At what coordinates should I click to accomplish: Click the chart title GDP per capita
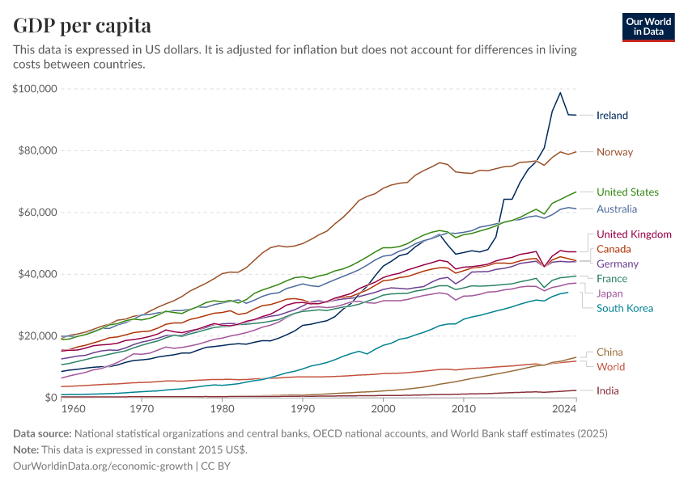82,25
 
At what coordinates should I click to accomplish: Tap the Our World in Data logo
648,27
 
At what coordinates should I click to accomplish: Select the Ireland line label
612,116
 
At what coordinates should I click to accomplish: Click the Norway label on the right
614,152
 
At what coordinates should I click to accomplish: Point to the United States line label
627,192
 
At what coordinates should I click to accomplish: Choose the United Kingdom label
634,234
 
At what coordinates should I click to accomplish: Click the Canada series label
614,249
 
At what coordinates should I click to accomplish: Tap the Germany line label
618,264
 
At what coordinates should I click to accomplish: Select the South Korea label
624,308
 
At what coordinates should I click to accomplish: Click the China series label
609,352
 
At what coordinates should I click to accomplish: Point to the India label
608,391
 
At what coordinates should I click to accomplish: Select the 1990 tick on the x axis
303,410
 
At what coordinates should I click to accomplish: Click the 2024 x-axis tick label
564,410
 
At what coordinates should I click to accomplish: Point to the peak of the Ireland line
560,92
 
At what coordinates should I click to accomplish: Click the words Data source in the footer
41,434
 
